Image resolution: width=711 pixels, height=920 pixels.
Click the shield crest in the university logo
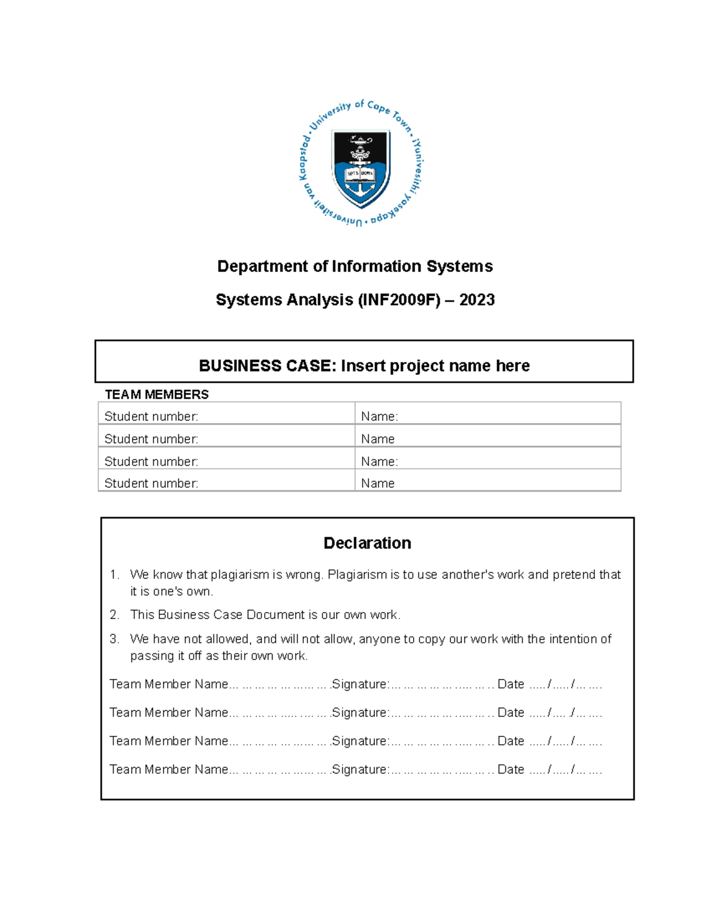tap(361, 168)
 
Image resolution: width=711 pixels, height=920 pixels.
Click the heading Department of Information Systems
tap(355, 267)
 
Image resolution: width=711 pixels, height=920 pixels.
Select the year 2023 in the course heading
tap(477, 300)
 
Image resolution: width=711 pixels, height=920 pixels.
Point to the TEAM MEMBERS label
tap(156, 395)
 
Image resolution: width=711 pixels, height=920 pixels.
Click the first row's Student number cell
tap(151, 416)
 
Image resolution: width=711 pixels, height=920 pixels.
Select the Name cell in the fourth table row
tap(377, 483)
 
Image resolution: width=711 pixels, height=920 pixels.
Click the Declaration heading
tap(367, 543)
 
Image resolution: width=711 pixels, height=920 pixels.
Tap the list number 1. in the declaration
tap(114, 575)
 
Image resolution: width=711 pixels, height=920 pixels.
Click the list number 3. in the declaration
tap(114, 639)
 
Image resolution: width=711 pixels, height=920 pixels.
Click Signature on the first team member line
tap(360, 684)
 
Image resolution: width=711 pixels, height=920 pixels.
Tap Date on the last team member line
tap(511, 770)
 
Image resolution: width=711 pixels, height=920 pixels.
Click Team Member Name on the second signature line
tap(169, 713)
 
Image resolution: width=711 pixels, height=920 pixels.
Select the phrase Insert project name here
tap(435, 366)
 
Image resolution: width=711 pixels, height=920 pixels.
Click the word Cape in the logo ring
tap(378, 107)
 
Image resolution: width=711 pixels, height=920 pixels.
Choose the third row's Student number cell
tap(151, 461)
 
